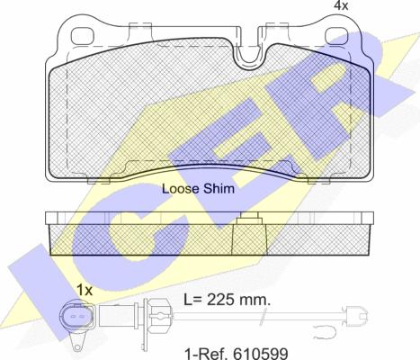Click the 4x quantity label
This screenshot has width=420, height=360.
pos(341,5)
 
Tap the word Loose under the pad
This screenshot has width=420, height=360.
pos(181,189)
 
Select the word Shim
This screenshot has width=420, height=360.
pos(219,189)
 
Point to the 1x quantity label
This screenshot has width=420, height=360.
pos(85,290)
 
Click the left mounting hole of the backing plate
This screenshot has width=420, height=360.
pos(83,36)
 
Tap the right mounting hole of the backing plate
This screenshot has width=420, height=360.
pos(336,36)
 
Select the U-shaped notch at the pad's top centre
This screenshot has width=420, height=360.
pos(248,57)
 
